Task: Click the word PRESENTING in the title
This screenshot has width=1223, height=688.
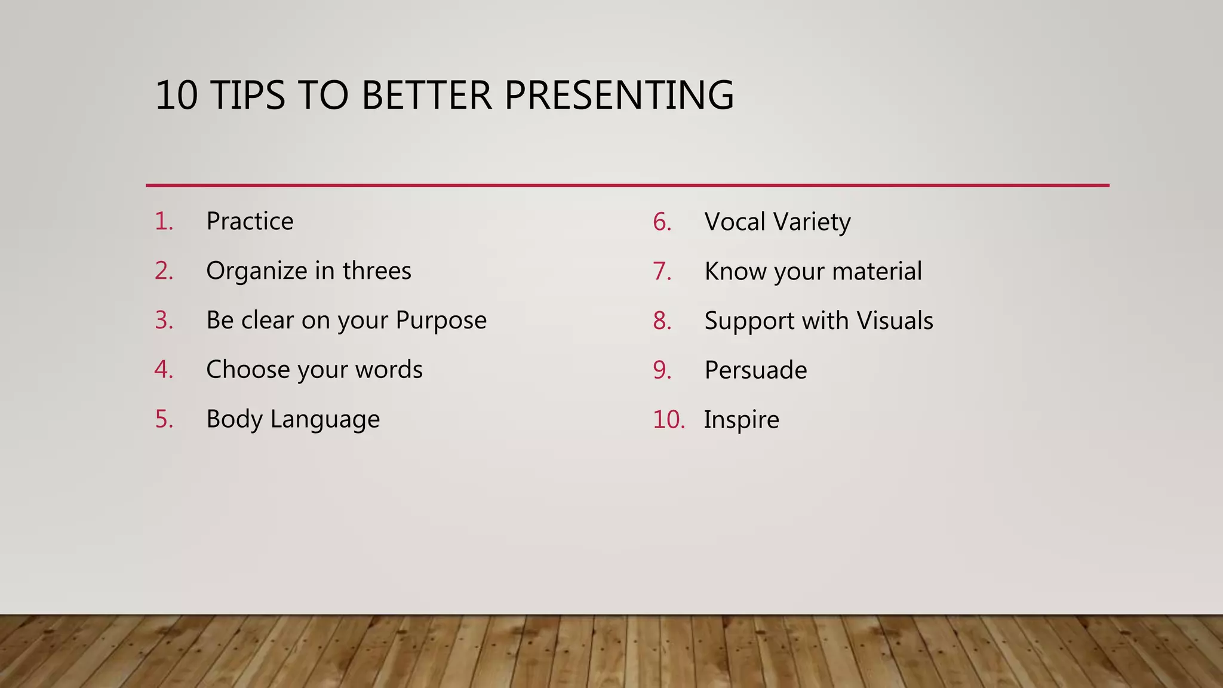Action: (619, 96)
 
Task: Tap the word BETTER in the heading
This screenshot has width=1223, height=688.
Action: (426, 96)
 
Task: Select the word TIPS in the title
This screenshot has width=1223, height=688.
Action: (248, 96)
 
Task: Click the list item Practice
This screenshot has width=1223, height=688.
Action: (250, 222)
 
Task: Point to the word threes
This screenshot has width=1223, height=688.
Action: (377, 271)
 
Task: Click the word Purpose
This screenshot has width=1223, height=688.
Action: (441, 321)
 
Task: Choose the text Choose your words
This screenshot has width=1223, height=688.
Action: (314, 370)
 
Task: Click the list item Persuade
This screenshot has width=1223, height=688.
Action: (755, 370)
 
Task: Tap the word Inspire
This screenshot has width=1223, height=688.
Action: (741, 420)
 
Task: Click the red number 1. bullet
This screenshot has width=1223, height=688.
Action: (164, 222)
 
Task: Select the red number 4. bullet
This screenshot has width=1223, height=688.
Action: (164, 370)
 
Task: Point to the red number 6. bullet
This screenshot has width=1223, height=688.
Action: (662, 222)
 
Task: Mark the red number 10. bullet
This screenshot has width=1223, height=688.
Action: (668, 420)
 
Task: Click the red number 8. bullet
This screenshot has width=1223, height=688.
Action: (662, 321)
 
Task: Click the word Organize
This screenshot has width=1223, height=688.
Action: (256, 271)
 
